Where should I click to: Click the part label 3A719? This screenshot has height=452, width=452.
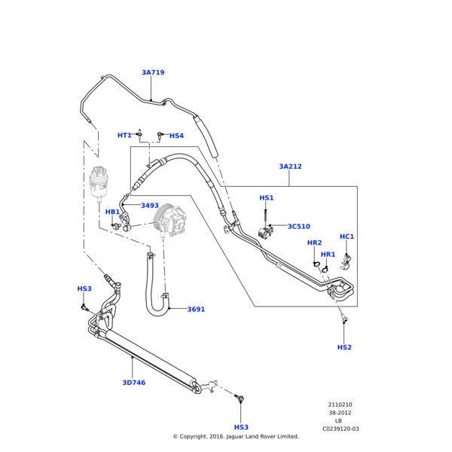(153, 73)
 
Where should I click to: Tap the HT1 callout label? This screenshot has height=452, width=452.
(124, 136)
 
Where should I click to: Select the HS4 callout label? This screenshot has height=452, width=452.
(176, 136)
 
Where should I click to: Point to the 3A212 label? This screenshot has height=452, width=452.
(290, 166)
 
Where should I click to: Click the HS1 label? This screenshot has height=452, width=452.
(267, 198)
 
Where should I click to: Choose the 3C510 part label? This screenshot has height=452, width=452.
(298, 226)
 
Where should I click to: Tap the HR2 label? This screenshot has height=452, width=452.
(314, 243)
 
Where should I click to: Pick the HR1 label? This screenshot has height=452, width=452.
(328, 255)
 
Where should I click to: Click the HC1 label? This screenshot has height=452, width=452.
(347, 237)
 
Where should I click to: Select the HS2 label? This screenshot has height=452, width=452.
(344, 347)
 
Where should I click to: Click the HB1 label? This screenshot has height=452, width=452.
(112, 212)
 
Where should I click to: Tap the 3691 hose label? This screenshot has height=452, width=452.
(196, 310)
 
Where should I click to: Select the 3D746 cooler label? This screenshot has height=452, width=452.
(134, 383)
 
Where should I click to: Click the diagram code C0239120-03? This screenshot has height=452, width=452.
(341, 429)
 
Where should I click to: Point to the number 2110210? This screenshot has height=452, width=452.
(340, 405)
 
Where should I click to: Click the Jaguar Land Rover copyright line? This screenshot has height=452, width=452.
(236, 436)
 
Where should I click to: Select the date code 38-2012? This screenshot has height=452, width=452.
(340, 413)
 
